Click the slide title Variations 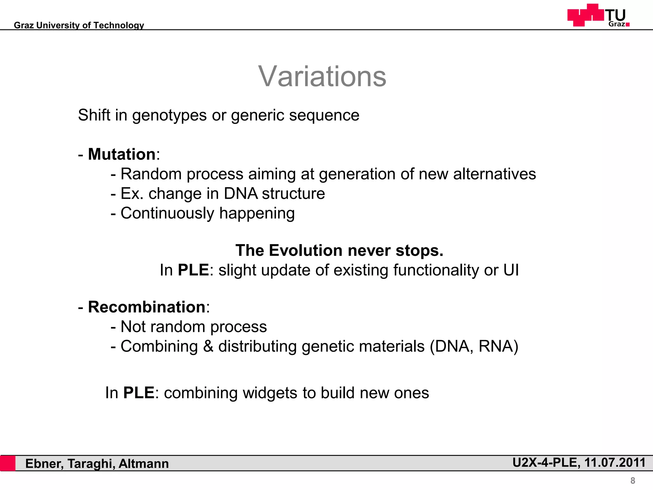pos(322,76)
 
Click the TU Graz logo pos(598,15)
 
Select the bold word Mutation pos(121,154)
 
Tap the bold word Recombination pos(146,307)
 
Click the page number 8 pos(633,480)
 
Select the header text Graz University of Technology pos(79,25)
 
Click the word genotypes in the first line pos(169,115)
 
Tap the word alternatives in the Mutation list pos(494,174)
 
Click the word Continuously pos(167,213)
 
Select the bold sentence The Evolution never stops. pos(339,250)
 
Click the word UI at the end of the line pos(511,270)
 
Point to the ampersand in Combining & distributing pos(208,346)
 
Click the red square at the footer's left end pos(8,463)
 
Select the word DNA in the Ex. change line pos(240,194)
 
